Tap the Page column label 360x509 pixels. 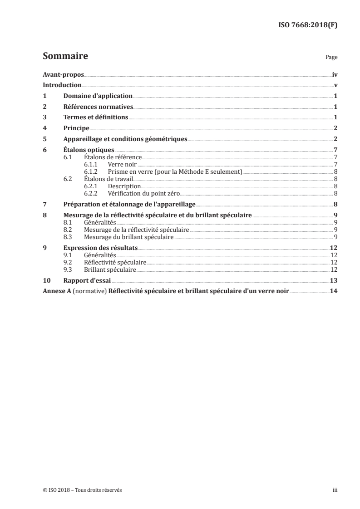click(331, 58)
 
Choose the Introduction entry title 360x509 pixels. click(62, 85)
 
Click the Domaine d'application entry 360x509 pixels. click(98, 96)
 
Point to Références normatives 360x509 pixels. click(98, 107)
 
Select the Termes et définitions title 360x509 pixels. click(96, 117)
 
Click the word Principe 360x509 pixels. click(76, 128)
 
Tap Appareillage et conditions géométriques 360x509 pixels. click(125, 139)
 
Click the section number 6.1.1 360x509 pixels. click(91, 164)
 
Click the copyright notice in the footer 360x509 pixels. click(82, 490)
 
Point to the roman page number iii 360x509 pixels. click(335, 490)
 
